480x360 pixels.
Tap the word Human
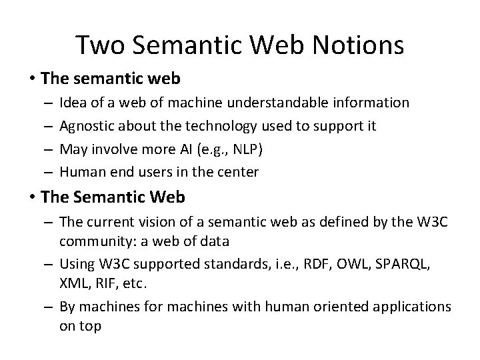pos(79,172)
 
